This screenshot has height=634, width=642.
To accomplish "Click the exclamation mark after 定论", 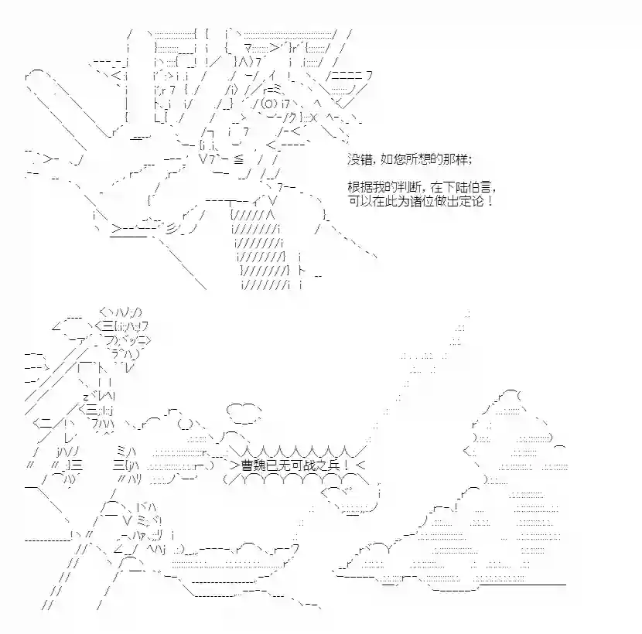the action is point(490,201).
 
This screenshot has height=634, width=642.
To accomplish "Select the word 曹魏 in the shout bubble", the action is point(254,465).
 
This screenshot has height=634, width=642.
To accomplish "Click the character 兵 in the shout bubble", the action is point(333,465).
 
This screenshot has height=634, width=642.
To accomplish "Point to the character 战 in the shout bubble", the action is point(309,465).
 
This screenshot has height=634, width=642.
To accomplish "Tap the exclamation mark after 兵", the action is point(347,465).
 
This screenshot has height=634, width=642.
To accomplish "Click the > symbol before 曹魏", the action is point(234,465).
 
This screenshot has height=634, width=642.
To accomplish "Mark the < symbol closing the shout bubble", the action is point(360,465).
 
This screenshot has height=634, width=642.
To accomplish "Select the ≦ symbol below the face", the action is point(239,159).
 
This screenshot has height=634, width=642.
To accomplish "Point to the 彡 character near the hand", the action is point(172,230).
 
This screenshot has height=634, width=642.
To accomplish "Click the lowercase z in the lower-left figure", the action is point(86,397).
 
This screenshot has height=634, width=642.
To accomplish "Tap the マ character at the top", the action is point(248,49).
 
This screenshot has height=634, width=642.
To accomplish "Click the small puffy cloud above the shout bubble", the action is point(244,414).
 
